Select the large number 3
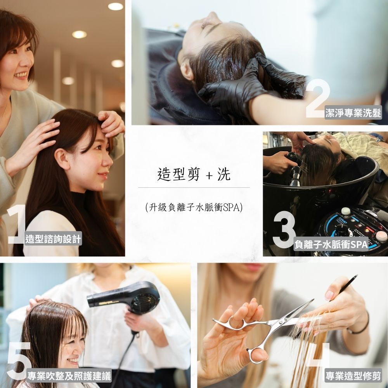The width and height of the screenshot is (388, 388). [284, 229]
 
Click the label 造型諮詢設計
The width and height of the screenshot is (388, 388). [53, 239]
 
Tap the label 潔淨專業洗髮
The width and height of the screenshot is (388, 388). [353, 113]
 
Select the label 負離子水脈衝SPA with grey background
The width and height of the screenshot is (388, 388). [331, 244]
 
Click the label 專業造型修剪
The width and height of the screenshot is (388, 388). [353, 376]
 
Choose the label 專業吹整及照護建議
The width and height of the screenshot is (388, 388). [69, 376]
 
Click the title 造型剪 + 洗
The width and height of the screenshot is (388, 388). [194, 174]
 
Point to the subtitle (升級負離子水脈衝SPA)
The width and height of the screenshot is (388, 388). [194, 207]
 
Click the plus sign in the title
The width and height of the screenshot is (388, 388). [209, 175]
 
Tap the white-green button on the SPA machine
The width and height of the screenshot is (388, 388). [346, 211]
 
